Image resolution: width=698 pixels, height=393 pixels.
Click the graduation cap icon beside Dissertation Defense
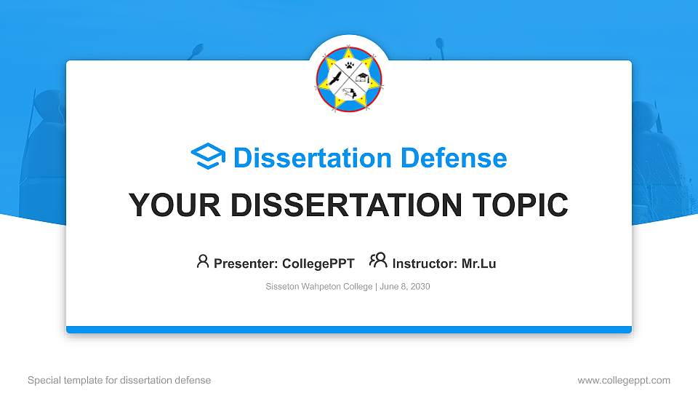208,157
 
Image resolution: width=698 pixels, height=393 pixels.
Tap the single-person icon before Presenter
203,261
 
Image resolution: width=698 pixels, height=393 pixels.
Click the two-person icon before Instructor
378,261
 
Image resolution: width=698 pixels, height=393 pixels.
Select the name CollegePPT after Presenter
318,263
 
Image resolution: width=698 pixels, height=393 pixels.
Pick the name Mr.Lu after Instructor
478,263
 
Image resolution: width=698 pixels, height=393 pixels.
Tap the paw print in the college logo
350,65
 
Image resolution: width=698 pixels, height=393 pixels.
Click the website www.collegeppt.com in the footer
623,380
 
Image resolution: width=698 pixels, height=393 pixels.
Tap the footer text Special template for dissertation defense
119,380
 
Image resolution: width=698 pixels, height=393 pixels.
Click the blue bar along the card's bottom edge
349,330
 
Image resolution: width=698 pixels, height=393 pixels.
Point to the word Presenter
241,263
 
